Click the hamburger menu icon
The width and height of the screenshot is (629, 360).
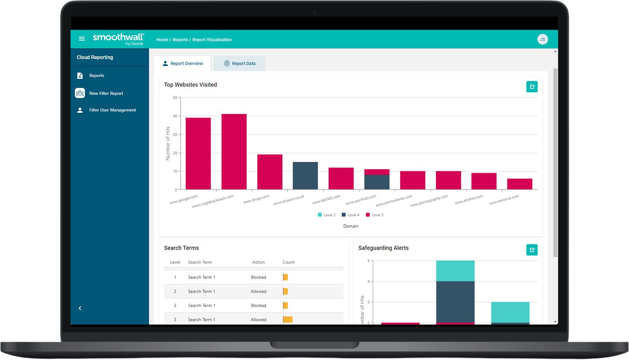pos(82,39)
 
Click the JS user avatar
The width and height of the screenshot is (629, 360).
pos(542,39)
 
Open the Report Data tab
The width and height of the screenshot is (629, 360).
pos(239,64)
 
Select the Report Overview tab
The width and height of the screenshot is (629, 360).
pos(182,64)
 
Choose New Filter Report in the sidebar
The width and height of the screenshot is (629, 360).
pos(106,93)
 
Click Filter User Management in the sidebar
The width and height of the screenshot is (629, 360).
pos(112,110)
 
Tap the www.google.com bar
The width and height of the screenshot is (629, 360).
pos(198,153)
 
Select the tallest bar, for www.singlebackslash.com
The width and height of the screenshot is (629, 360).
pos(234,151)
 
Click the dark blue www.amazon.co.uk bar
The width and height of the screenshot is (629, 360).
pos(305,176)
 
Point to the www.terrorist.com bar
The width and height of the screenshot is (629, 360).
pos(519,184)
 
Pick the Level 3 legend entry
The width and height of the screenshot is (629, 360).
pos(327,215)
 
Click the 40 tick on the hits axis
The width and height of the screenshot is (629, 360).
pos(175,116)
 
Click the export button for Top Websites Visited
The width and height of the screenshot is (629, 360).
pos(532,87)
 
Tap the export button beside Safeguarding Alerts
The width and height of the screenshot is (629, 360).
pos(532,250)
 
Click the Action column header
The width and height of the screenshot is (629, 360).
pos(258,262)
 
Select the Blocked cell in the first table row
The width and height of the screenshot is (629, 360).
pos(258,277)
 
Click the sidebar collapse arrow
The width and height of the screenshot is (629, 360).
pos(80,308)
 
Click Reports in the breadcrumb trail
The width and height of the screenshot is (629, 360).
pos(180,40)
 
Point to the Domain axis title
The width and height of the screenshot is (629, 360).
pos(351,226)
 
